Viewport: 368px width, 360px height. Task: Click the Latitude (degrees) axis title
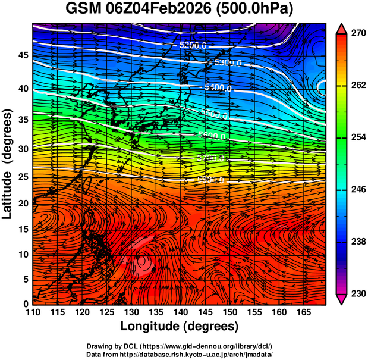point(8,163)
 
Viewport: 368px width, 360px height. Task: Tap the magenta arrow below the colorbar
point(341,299)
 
